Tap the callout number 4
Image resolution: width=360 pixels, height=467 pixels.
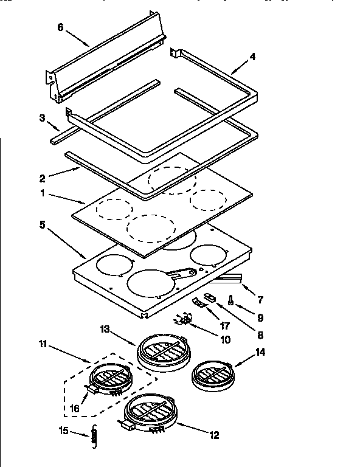tap(252, 58)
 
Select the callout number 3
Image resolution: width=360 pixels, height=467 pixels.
tap(43, 117)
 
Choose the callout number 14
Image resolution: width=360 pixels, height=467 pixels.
tap(260, 351)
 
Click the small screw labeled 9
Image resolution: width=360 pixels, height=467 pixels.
tap(232, 300)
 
